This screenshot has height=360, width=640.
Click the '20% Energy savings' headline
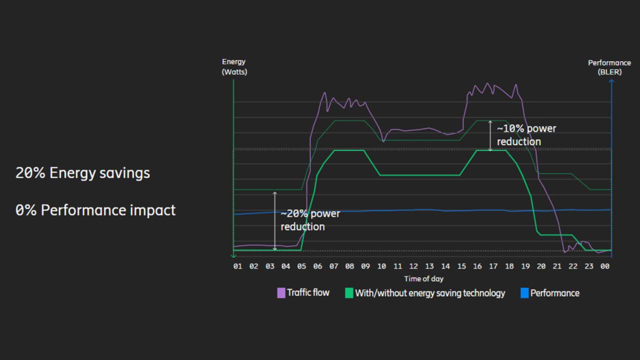pyautogui.click(x=82, y=173)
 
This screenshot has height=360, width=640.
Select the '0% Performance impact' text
pyautogui.click(x=95, y=210)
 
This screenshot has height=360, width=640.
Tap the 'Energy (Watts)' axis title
pyautogui.click(x=234, y=67)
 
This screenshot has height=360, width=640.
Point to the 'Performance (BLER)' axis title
pyautogui.click(x=609, y=67)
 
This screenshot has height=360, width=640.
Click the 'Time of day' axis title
pyautogui.click(x=423, y=279)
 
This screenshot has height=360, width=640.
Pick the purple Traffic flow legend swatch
pyautogui.click(x=281, y=293)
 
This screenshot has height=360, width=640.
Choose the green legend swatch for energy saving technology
pyautogui.click(x=349, y=293)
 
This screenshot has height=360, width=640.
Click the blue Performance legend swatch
pyautogui.click(x=524, y=293)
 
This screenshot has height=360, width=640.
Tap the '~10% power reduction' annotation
pyautogui.click(x=526, y=135)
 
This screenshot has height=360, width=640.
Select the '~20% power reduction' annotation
pyautogui.click(x=310, y=220)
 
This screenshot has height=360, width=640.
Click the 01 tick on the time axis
pyautogui.click(x=237, y=266)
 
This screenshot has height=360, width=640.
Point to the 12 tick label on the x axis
pyautogui.click(x=413, y=266)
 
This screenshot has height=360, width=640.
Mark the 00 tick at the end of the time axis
pyautogui.click(x=605, y=266)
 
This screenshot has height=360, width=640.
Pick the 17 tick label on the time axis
pyautogui.click(x=493, y=266)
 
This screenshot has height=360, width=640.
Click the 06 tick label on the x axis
pyautogui.click(x=317, y=266)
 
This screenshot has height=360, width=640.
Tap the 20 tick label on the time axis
pyautogui.click(x=541, y=266)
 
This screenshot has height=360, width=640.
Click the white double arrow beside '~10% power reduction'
pyautogui.click(x=490, y=135)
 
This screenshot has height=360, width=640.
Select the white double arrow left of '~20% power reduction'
pyautogui.click(x=274, y=221)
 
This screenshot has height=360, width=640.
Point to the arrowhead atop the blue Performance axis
pyautogui.click(x=611, y=81)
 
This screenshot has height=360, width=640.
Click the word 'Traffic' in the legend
pyautogui.click(x=299, y=292)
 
